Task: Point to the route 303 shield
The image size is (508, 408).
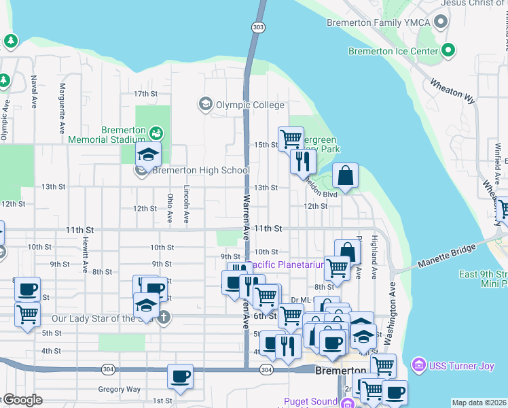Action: (257, 27)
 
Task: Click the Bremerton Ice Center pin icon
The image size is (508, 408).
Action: (448, 50)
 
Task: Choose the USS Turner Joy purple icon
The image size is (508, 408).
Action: (418, 366)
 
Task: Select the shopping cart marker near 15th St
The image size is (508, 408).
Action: (291, 138)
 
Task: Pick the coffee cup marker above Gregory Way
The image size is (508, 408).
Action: (180, 376)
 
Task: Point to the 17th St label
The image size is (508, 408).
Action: (145, 94)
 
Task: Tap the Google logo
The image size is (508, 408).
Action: (22, 400)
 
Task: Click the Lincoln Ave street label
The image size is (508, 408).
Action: (185, 205)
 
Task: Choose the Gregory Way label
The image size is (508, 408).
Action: (119, 390)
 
